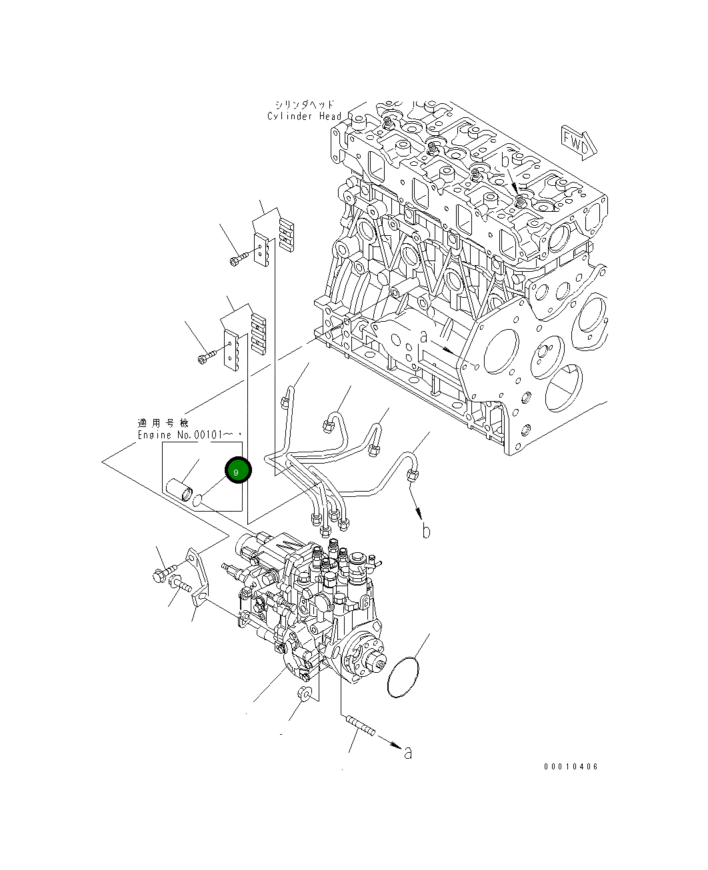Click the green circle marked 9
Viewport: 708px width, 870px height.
coord(237,471)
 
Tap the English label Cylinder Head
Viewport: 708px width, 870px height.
coord(304,117)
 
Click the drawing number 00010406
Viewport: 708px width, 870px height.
coord(571,766)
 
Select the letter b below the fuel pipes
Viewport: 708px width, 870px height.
coord(426,531)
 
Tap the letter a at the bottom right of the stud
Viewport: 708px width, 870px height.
coord(408,753)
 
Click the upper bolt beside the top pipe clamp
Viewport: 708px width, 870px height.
coord(241,258)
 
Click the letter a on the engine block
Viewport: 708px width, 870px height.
coord(423,338)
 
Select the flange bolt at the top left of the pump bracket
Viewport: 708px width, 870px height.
coord(162,572)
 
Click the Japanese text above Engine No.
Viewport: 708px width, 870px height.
coord(163,423)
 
